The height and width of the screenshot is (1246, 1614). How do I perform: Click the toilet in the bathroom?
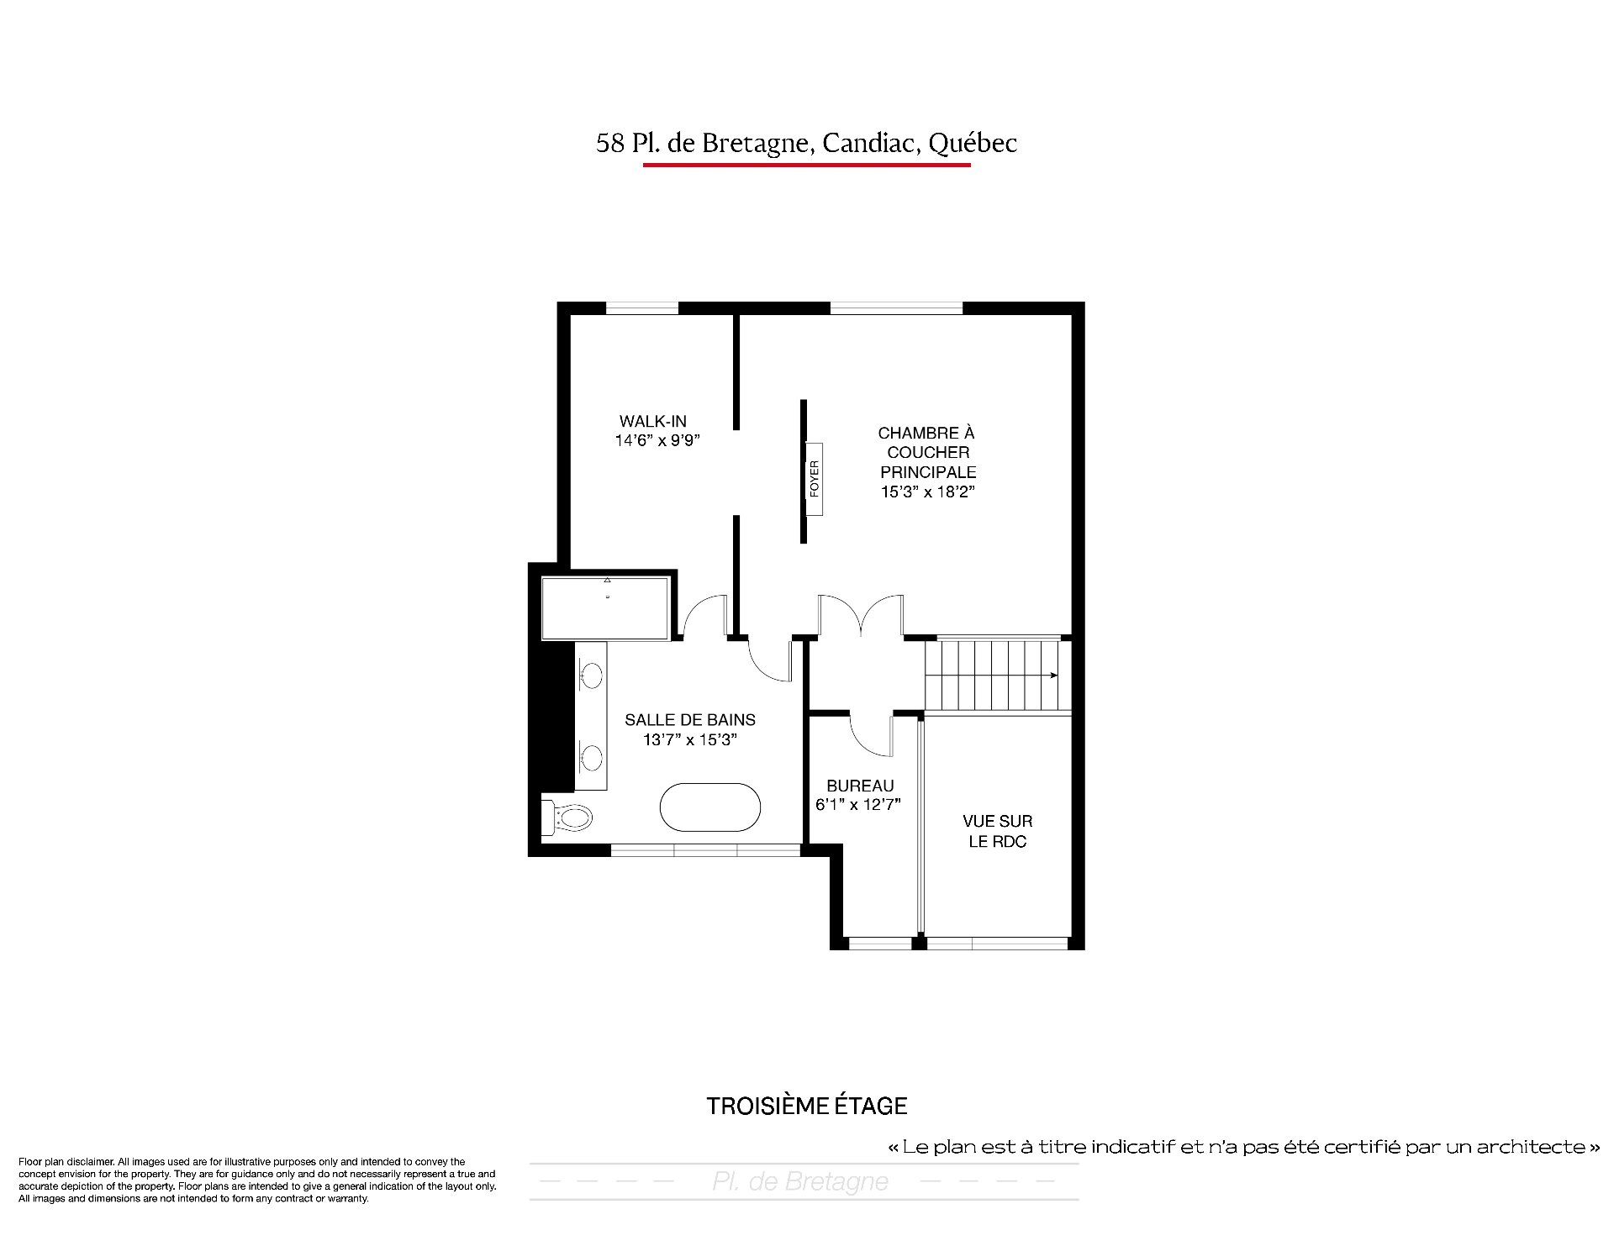coord(567,817)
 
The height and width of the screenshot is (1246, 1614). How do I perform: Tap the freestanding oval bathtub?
coord(710,807)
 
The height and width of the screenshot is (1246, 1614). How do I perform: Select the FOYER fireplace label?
coord(814,478)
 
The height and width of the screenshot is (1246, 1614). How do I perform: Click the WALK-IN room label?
coord(653,422)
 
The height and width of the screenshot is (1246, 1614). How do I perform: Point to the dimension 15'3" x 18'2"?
coord(927,492)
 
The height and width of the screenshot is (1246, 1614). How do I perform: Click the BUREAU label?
coord(860,786)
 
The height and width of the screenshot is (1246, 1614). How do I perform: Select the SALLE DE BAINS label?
coord(690,720)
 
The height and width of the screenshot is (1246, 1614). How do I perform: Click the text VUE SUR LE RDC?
coord(998,831)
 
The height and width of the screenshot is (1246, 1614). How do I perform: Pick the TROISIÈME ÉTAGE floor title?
coord(807,1106)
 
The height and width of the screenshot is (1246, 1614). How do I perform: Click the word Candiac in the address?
coord(871,143)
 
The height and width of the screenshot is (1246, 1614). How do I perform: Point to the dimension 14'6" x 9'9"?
coord(657,440)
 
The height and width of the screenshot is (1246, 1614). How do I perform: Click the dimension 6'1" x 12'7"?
coord(858,805)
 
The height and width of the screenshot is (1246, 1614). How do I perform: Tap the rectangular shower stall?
coord(605,608)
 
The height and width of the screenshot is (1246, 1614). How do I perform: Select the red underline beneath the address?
coord(807,165)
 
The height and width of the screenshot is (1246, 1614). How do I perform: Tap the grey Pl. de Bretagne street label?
coord(800,1181)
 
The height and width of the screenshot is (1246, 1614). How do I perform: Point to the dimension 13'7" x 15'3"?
coord(690,740)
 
